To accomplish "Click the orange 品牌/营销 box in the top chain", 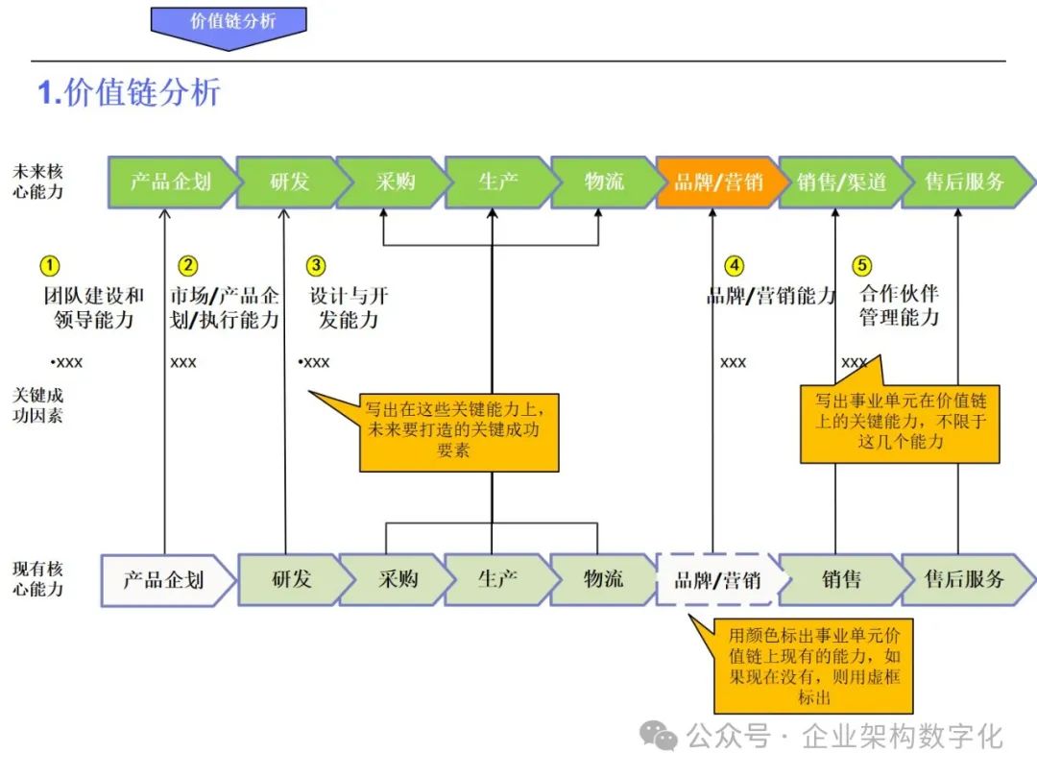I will tap(715, 182).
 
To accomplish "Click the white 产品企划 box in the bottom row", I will tap(165, 579).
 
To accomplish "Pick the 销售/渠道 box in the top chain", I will tap(840, 182).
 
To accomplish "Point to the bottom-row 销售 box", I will tap(840, 579).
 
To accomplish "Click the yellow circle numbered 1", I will tap(49, 266).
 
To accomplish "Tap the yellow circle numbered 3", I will tap(316, 266).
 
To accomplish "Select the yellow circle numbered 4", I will tap(734, 266).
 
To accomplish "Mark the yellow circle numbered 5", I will tap(862, 266).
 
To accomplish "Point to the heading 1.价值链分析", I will tap(130, 92).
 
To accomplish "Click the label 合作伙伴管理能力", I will tap(899, 304).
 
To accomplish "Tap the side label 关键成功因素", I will tap(38, 405).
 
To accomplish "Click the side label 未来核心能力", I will tap(38, 182).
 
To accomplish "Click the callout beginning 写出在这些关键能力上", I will tap(458, 431).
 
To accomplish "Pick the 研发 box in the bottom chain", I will tap(290, 579).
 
